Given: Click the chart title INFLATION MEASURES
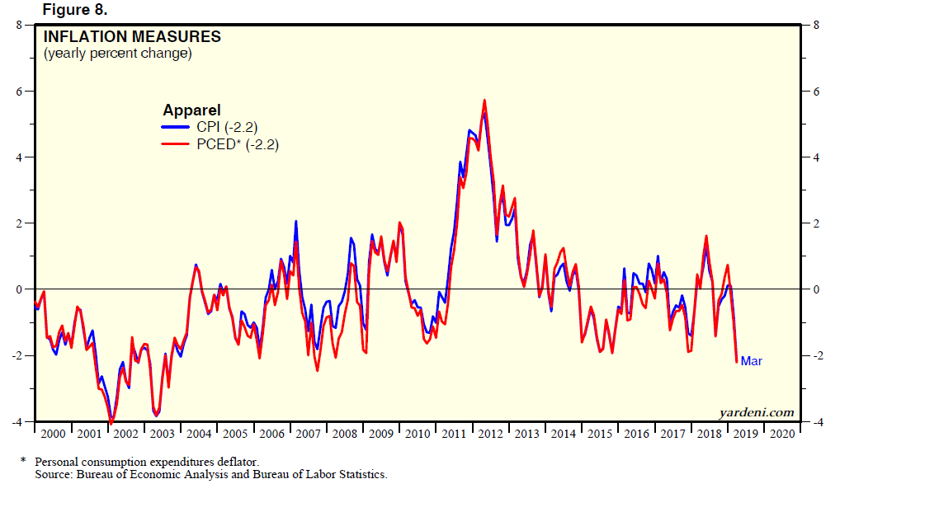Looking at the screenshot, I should coord(132,37).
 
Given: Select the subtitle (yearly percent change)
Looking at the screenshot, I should coord(117,54).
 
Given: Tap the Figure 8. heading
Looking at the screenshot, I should coord(74,10).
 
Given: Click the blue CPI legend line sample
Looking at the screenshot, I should coord(175,127).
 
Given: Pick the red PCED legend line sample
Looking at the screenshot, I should coord(175,143).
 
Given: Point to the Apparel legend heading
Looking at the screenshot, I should coord(191,110).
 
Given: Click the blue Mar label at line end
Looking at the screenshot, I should coord(751,361).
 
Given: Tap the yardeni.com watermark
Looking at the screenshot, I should coord(757,412).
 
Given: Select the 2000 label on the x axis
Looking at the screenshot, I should coord(52,434).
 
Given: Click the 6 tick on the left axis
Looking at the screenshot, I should coord(19,91).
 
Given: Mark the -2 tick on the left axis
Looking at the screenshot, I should coord(17,355).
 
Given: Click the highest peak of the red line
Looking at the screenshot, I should coord(484,101).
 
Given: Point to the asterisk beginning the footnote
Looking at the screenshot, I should coord(24,460).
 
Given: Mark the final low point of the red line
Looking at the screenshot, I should coord(736,362).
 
